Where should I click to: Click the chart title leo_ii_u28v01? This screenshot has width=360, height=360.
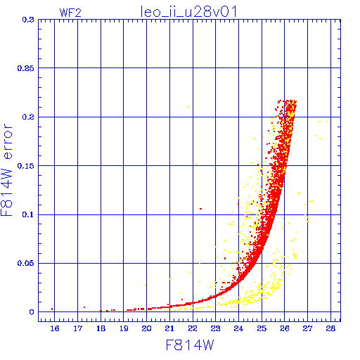point(188,12)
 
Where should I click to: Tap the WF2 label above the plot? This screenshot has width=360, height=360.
point(70,13)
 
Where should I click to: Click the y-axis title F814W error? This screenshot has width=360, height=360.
point(6,170)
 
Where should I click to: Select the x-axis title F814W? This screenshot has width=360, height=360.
point(190,345)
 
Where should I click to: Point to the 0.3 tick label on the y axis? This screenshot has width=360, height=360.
point(28,20)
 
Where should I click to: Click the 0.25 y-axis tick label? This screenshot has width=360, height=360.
point(26,68)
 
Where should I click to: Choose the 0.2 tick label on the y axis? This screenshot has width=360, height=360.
point(28,117)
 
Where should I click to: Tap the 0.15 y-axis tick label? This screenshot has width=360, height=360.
point(26,166)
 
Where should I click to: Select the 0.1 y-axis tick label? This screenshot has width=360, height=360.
point(28,214)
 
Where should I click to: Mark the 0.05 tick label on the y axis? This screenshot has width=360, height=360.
point(26,263)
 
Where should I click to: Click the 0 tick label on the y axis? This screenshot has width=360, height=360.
point(32,312)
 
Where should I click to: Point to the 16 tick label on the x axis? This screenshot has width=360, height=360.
point(55,328)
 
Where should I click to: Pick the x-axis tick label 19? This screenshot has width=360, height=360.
point(124,328)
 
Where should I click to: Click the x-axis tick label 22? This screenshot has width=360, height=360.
point(193,328)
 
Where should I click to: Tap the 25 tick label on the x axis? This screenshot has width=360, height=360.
point(262,328)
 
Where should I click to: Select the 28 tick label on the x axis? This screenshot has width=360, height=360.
point(330,328)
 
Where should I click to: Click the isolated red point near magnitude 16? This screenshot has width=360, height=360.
point(52,309)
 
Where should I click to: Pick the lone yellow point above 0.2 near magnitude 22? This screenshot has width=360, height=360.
point(188,108)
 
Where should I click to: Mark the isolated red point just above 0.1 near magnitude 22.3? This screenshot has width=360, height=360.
point(200,209)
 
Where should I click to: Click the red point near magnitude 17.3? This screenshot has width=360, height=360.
point(84,307)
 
